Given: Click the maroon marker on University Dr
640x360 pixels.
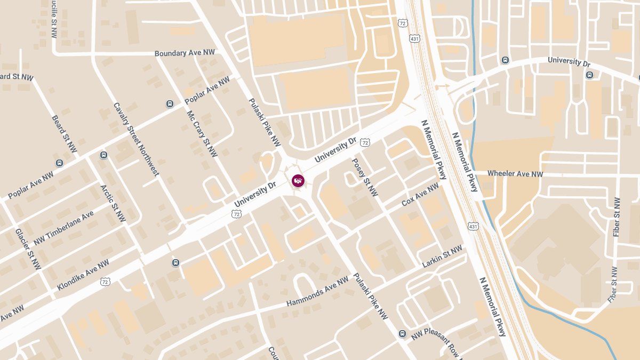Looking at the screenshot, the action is click(298, 181).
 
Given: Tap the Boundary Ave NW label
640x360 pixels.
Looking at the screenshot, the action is click(185, 53).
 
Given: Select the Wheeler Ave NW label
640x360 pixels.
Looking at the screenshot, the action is click(515, 174).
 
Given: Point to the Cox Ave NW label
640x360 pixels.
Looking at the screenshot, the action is click(420, 195).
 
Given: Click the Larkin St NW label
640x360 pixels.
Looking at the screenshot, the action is click(442, 257).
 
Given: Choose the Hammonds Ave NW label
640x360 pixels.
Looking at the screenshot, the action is click(317, 292).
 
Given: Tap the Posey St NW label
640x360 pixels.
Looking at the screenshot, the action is click(364, 177).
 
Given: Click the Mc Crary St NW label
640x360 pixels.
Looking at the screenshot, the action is click(202, 134).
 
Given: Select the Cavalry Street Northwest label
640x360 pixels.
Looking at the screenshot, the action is click(136, 139).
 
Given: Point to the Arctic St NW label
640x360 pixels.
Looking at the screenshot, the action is click(113, 203).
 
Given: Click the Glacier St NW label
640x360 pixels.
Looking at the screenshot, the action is click(28, 249).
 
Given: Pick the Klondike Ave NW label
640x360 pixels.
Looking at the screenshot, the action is click(83, 275).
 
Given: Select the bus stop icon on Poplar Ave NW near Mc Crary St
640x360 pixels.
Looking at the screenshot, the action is click(170, 104).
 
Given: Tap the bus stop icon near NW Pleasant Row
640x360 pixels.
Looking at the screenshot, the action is click(402, 334).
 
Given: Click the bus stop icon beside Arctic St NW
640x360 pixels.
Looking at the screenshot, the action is click(103, 155).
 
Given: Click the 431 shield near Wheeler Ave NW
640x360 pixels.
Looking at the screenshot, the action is click(473, 227).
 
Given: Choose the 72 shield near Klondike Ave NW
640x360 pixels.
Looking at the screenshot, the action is click(105, 281).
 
